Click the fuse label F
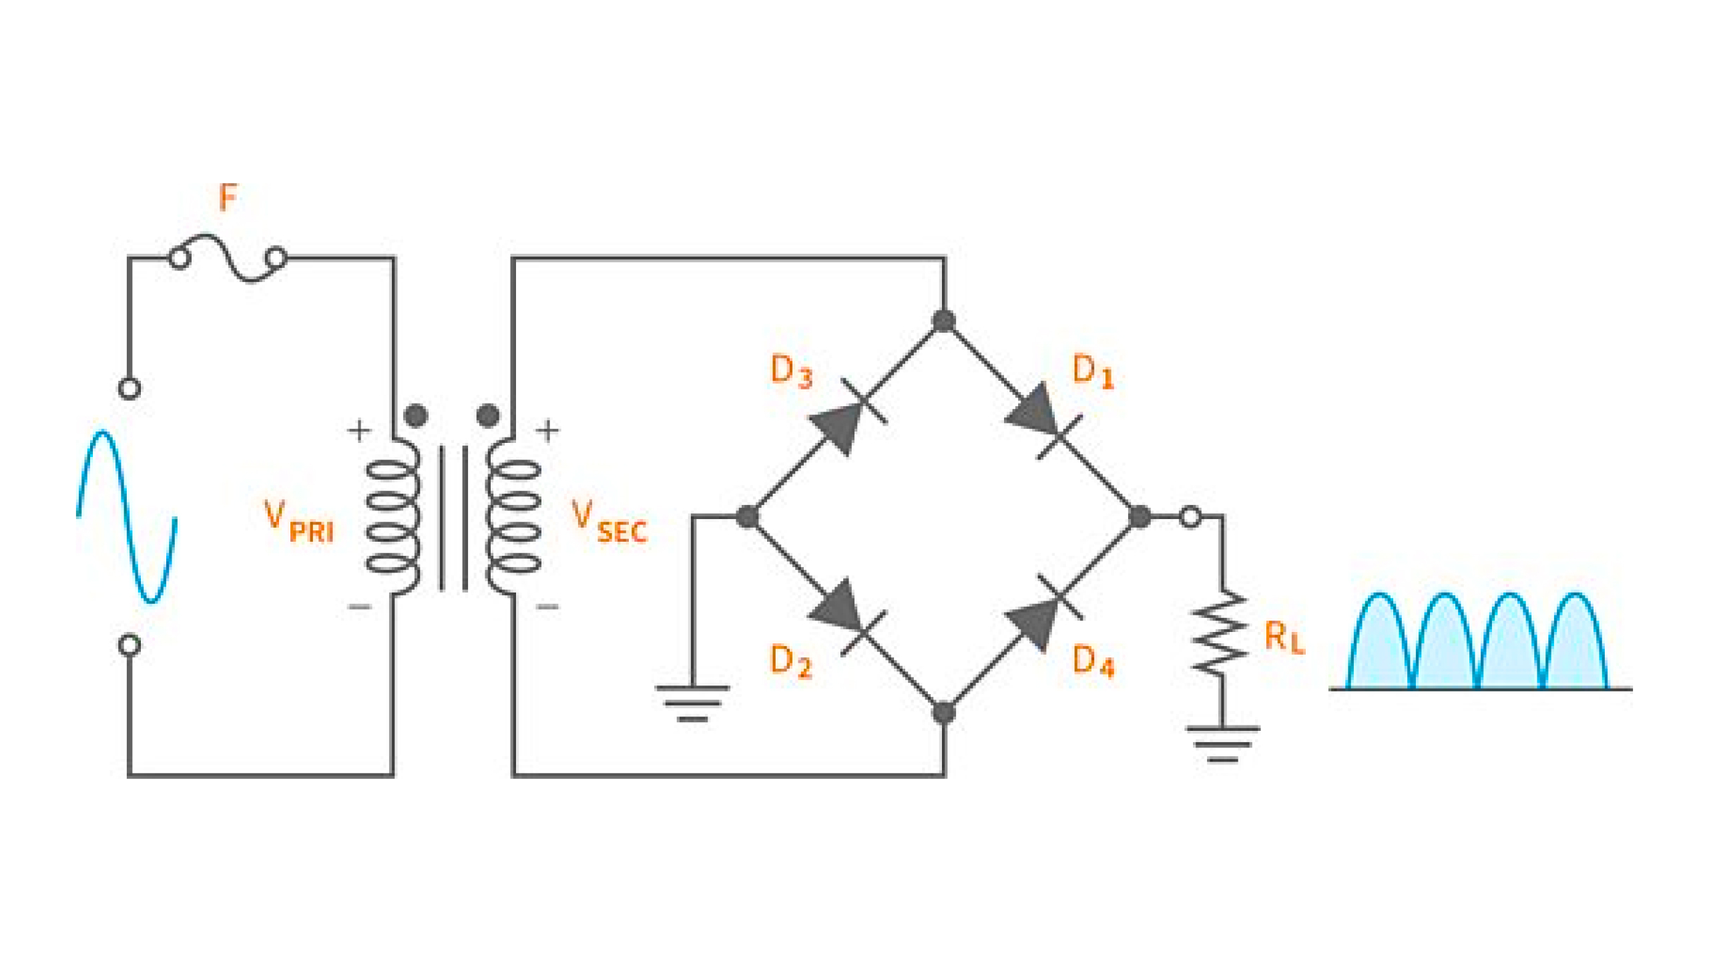(228, 198)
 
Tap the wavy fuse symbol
(228, 258)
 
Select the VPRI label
(298, 522)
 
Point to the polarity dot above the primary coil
(416, 415)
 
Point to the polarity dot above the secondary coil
(488, 415)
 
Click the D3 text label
(791, 371)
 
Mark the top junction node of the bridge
(943, 321)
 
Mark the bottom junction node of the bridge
(943, 713)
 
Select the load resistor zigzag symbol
(1221, 633)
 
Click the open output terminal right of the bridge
(1190, 516)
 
